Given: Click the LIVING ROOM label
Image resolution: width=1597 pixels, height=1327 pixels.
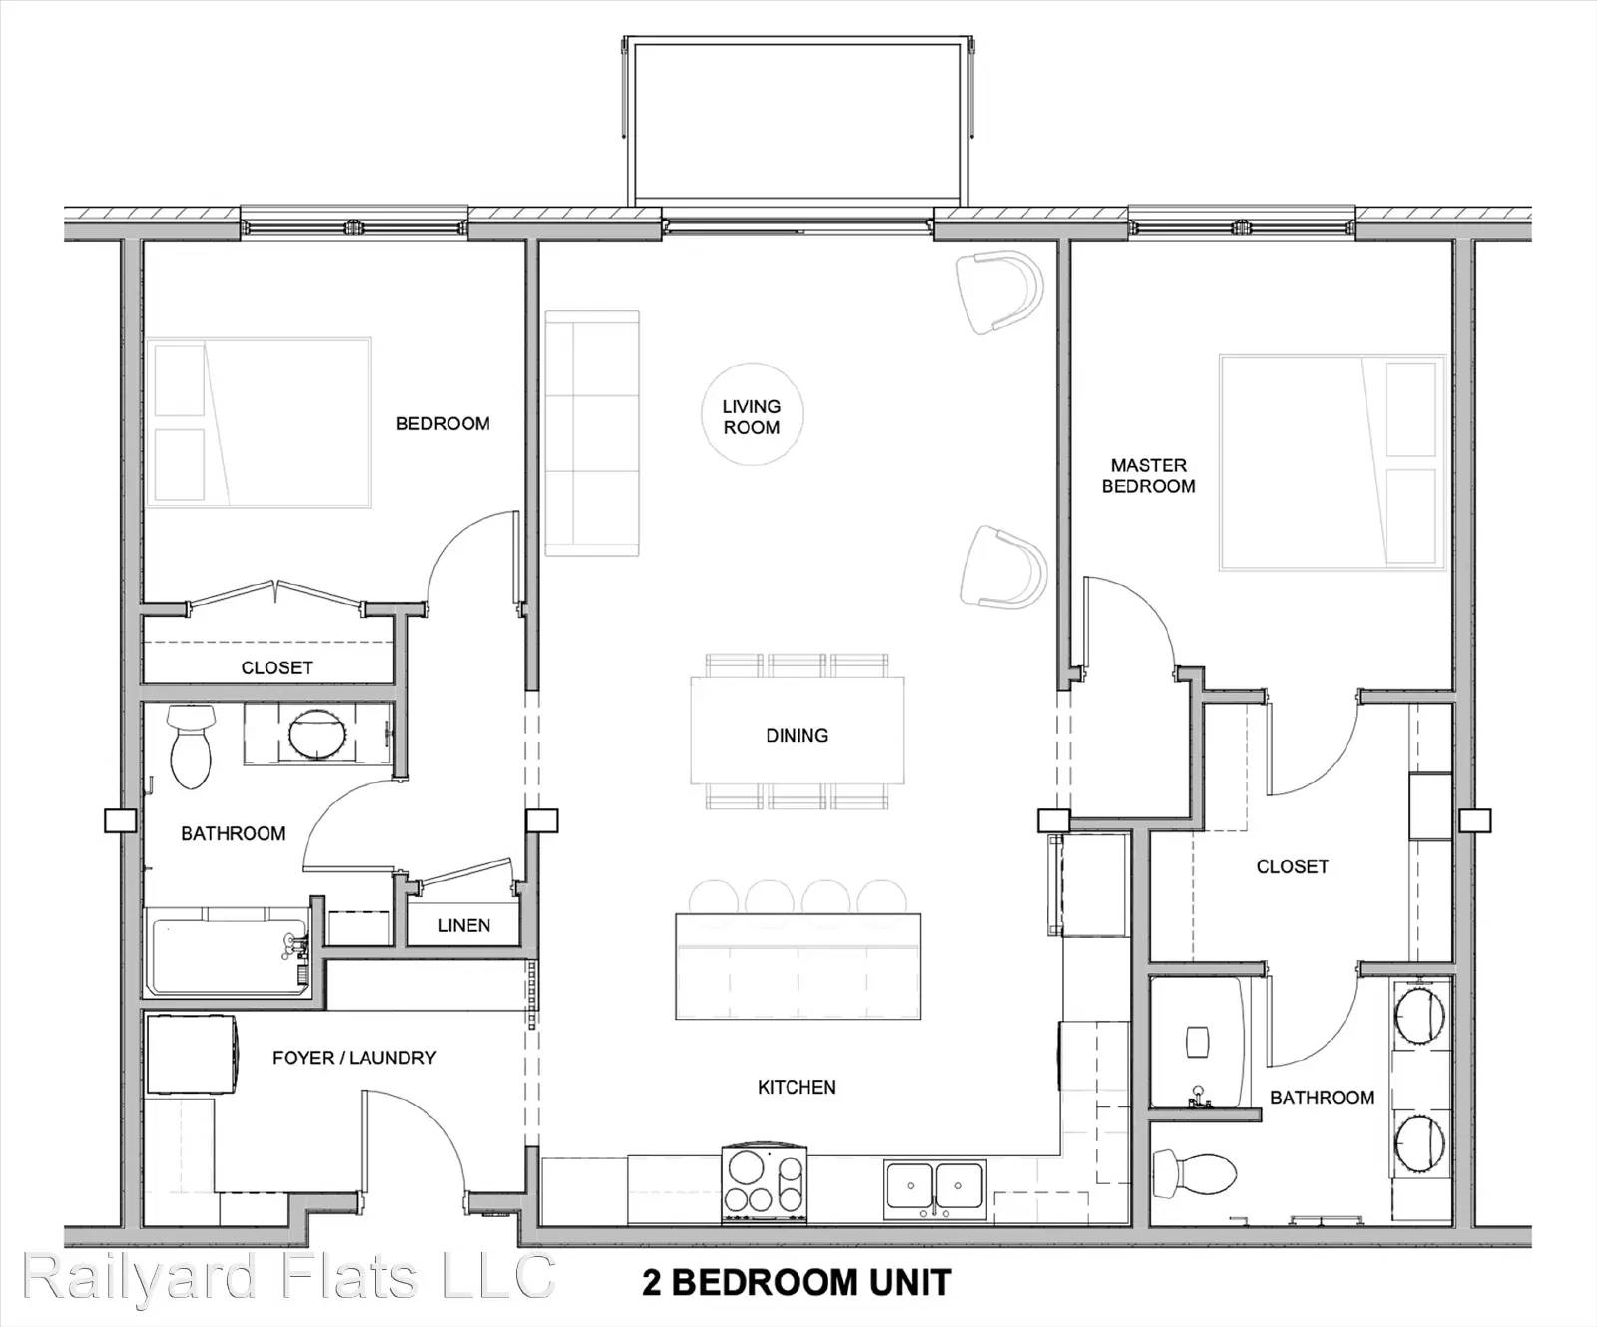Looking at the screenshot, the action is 752,417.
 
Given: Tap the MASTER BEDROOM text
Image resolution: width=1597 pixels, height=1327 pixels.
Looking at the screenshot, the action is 1148,476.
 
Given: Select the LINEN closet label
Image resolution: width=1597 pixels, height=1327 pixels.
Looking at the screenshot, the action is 464,926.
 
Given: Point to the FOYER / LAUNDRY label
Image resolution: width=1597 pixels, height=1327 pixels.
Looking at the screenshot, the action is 354,1058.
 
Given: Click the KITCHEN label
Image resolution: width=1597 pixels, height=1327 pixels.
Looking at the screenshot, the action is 797,1088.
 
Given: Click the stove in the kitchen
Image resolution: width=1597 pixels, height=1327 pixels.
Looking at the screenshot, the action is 765,1184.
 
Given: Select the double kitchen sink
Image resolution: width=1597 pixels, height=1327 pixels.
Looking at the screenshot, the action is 934,1190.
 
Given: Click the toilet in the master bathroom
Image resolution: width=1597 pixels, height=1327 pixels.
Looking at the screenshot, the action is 1195,1174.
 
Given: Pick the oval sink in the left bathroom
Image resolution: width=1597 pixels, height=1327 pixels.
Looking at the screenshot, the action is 318,735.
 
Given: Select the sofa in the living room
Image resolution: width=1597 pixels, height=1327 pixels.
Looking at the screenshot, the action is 592,433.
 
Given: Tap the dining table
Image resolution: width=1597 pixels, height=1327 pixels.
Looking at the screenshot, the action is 798,730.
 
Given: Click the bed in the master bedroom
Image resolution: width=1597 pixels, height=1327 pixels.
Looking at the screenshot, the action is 1332,462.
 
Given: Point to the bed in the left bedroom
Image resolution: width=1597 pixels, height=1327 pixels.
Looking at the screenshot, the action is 260,422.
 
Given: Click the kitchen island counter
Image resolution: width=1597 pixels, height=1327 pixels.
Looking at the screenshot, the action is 798,966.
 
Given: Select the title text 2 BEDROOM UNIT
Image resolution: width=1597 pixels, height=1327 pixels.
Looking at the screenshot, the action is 797,1283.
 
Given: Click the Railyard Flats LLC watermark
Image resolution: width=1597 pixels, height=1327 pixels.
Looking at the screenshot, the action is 287,1276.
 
